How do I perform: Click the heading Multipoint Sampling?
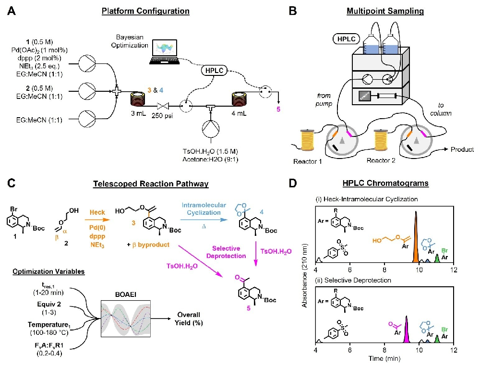pos(381,11)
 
